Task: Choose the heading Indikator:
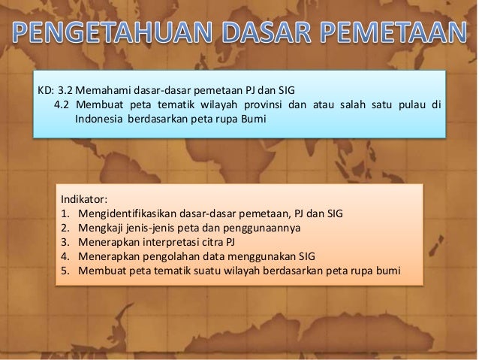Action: click(x=84, y=200)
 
